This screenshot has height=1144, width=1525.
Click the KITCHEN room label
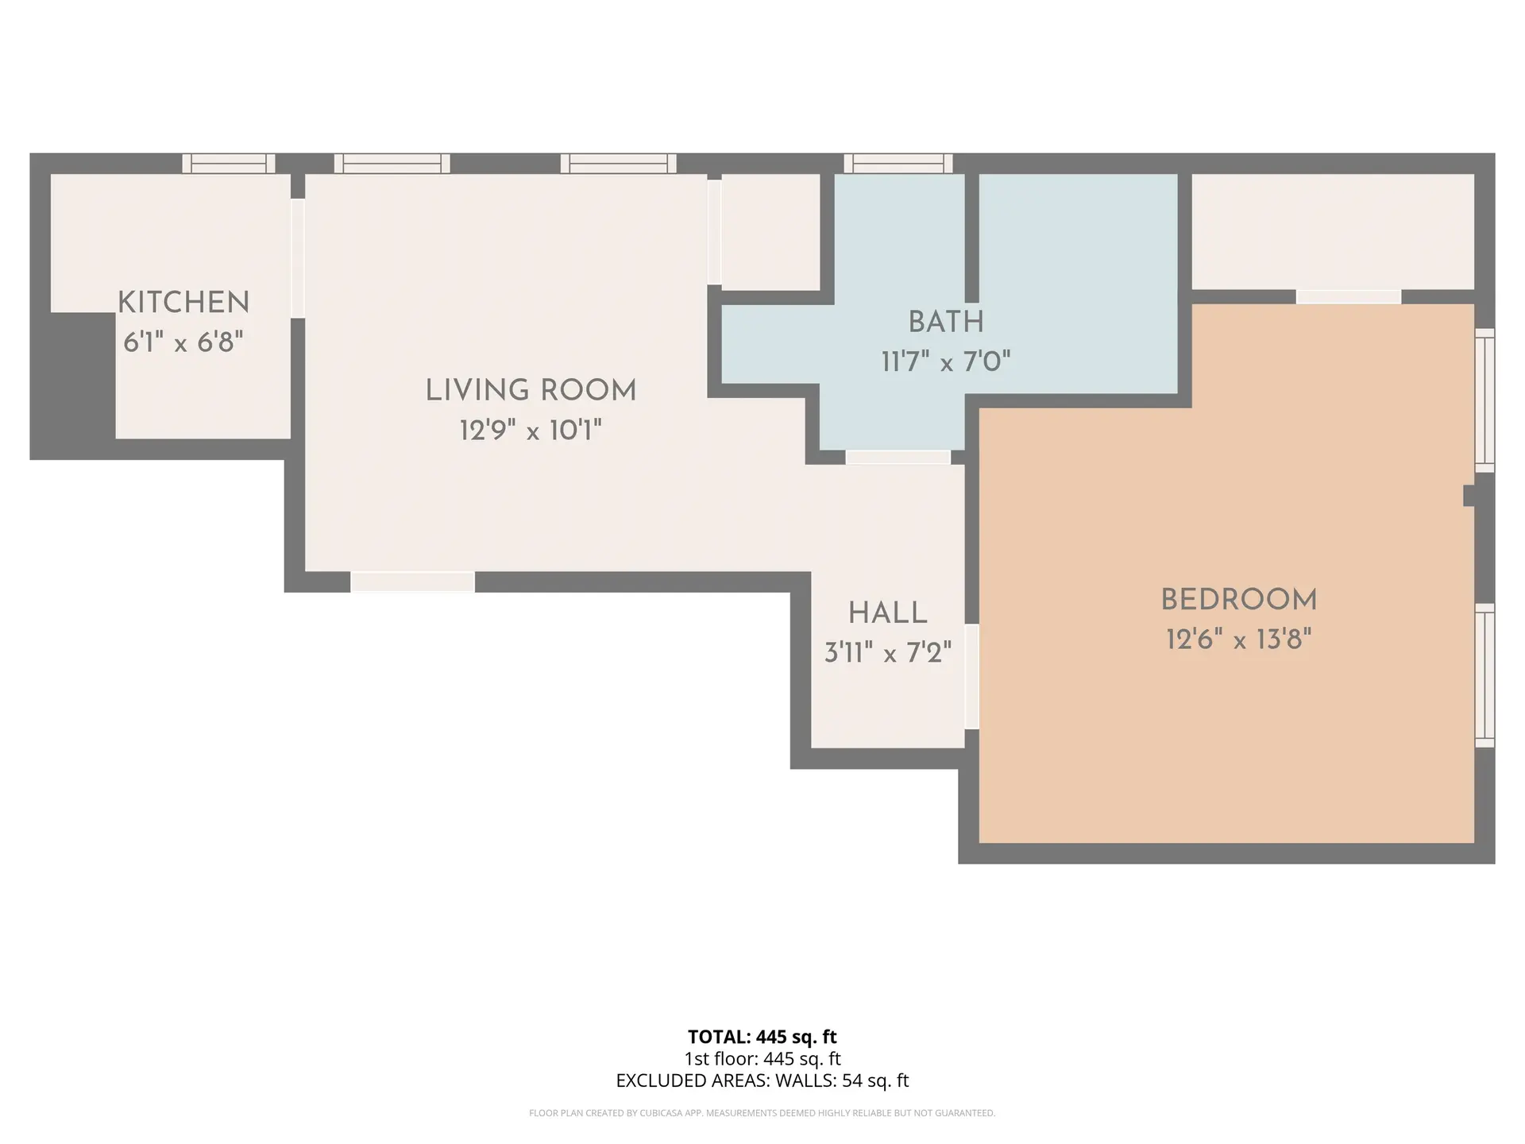click(x=183, y=303)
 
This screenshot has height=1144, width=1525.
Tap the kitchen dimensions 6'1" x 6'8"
click(x=183, y=342)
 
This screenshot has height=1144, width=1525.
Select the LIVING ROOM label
click(x=531, y=390)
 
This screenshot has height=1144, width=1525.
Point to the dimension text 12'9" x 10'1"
click(x=531, y=431)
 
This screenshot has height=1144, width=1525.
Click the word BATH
click(x=946, y=322)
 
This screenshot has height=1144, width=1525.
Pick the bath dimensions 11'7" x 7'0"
click(x=946, y=362)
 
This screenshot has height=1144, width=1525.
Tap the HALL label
click(x=887, y=613)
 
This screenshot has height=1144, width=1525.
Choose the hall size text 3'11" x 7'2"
click(x=887, y=653)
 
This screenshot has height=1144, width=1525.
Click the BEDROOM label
click(x=1238, y=599)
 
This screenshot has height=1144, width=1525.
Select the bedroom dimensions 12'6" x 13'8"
click(x=1238, y=639)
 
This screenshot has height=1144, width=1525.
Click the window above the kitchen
click(x=229, y=164)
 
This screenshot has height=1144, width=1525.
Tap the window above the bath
click(x=898, y=164)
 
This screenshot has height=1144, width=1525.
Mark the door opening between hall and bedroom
click(x=971, y=676)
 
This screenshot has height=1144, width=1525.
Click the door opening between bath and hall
click(x=898, y=458)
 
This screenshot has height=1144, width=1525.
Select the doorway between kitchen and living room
click(x=298, y=258)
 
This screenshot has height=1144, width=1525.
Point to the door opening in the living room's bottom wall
click(x=412, y=582)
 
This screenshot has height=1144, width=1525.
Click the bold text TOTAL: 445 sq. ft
click(x=762, y=1037)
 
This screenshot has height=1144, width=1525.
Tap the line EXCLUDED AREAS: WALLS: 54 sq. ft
click(x=762, y=1080)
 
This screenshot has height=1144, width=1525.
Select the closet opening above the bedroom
click(x=1348, y=297)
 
